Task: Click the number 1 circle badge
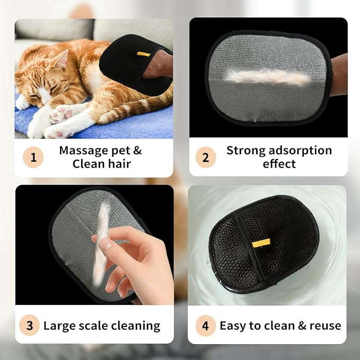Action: (33, 157)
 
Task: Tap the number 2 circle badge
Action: (205, 157)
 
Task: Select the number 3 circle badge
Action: (30, 325)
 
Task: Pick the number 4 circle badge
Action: (205, 325)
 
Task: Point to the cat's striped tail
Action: (133, 109)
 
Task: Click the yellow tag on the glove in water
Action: (261, 242)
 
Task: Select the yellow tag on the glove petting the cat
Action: (143, 54)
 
